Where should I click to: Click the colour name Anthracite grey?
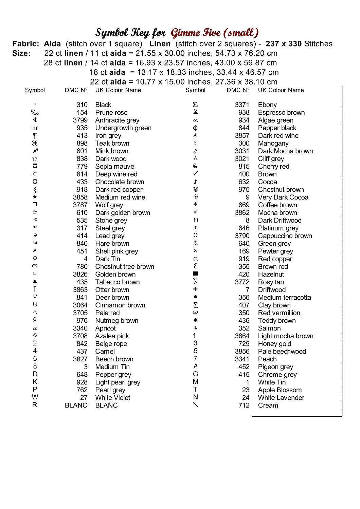(117, 120)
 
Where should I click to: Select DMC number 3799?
(80, 120)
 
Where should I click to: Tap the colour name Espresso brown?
(281, 112)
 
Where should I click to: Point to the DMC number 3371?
(242, 105)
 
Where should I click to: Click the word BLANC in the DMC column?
(76, 405)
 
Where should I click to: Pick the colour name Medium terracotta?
(284, 297)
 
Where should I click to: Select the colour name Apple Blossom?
(280, 390)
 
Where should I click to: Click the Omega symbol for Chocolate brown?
(35, 182)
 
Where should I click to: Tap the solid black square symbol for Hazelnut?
(195, 274)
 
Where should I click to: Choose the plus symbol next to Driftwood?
(195, 289)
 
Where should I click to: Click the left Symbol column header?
(35, 90)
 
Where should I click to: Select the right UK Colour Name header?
(281, 90)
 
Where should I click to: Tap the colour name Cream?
(268, 405)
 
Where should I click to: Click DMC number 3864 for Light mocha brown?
(242, 336)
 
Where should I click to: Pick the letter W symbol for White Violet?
(35, 397)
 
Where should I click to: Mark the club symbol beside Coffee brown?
(195, 204)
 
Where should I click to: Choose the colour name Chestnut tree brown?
(125, 267)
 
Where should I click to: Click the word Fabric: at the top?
(26, 44)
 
